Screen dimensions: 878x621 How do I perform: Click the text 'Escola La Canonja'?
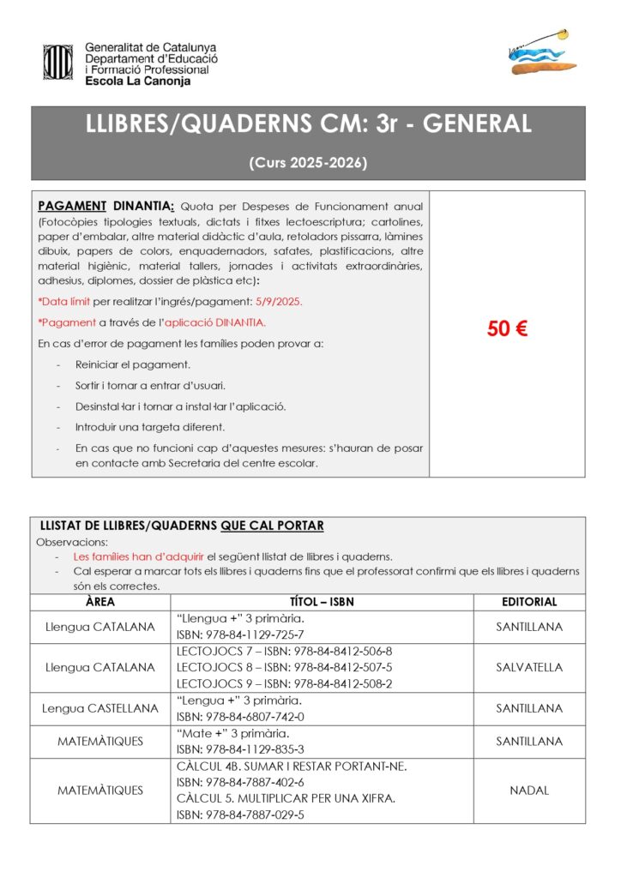(137, 81)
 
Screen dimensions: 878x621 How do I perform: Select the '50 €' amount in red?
(507, 329)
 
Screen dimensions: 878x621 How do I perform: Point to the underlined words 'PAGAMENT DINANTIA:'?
(106, 206)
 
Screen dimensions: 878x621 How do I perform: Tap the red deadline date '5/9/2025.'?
(280, 302)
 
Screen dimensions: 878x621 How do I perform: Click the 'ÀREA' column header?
(100, 602)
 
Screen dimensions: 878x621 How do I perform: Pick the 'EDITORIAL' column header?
(529, 602)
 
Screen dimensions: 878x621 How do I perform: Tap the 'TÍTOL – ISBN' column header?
(322, 602)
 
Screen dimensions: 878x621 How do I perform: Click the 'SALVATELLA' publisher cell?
(529, 667)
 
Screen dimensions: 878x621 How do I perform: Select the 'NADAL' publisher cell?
(529, 791)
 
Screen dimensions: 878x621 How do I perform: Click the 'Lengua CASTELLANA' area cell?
(100, 708)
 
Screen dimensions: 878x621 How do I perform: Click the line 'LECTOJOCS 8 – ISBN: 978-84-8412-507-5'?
(284, 667)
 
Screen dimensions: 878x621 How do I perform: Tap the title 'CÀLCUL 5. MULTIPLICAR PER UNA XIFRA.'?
(286, 798)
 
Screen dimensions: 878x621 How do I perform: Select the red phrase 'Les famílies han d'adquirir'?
(138, 556)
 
